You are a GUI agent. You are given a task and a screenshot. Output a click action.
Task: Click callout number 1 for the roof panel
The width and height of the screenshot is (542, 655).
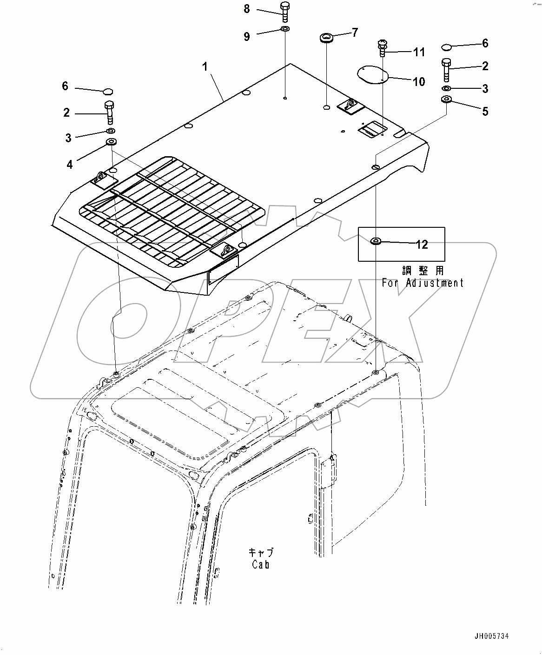pos(205,67)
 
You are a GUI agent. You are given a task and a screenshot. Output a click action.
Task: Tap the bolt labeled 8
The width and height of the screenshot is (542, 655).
pos(285,12)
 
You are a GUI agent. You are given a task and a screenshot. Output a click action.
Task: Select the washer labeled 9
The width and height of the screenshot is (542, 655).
pos(285,29)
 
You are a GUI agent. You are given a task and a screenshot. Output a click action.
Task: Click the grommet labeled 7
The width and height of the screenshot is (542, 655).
pos(326,38)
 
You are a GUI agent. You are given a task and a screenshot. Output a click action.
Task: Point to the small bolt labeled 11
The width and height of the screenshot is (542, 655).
pos(383,48)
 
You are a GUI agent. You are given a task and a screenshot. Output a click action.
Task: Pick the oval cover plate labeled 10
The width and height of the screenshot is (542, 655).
pos(373,75)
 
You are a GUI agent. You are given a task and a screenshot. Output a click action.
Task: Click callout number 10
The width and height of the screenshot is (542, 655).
pos(419,82)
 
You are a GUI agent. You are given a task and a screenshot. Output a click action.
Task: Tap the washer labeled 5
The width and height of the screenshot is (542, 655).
pos(446,100)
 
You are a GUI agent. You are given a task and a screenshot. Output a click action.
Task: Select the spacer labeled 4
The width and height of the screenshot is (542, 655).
pos(111,142)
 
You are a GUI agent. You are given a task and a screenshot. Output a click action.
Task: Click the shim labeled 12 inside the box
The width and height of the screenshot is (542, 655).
pos(376,241)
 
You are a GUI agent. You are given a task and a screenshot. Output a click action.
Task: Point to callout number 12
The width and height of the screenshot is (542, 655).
pos(422,245)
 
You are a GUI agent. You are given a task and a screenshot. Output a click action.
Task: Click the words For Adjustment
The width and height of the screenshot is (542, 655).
pos(423,283)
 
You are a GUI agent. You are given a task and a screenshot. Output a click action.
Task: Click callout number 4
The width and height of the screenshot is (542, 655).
pos(70,165)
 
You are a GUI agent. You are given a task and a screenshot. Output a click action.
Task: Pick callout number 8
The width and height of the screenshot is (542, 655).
pos(247,9)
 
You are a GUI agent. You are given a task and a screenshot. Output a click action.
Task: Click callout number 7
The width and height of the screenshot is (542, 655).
pos(355,33)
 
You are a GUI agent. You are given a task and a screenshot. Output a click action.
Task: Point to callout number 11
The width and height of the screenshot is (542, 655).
pos(419,52)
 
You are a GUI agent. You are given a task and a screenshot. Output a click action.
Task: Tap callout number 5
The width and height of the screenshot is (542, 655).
pos(485,112)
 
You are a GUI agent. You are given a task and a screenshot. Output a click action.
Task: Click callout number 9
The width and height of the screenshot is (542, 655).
pos(247,37)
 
